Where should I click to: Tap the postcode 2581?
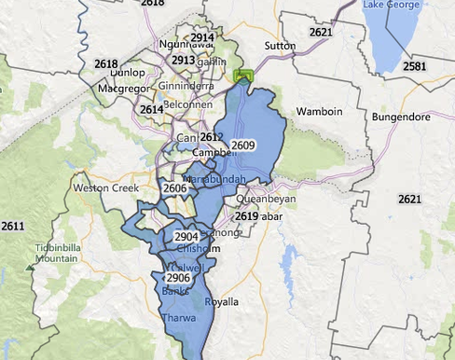[415, 67]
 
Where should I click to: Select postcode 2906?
[177, 278]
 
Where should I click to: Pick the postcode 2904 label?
[186, 237]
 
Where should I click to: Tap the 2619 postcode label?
[246, 216]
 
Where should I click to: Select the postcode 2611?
[13, 226]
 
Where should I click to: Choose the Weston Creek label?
[100, 187]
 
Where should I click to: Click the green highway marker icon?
[245, 75]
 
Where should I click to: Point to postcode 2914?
[202, 37]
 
